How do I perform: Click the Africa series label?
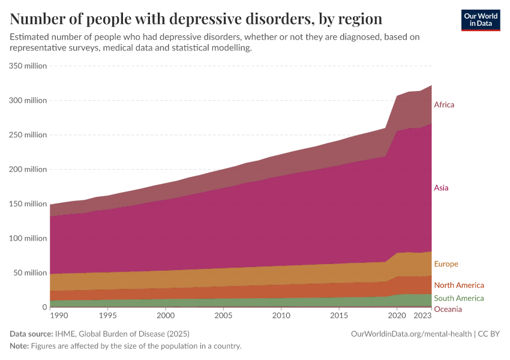tap(444, 105)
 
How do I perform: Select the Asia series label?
tap(441, 188)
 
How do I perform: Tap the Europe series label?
tap(446, 264)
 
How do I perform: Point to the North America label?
tap(458, 285)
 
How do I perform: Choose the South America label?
tap(458, 298)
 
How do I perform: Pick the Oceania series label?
tap(448, 309)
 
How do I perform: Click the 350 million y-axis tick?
tap(28, 66)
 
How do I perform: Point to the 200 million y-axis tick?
tap(28, 169)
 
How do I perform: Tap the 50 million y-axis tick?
tap(31, 273)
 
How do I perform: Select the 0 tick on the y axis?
tap(44, 307)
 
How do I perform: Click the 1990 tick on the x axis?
tap(58, 316)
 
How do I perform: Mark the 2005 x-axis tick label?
tap(223, 316)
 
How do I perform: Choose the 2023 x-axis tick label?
tap(423, 316)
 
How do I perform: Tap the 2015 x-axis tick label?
tap(339, 316)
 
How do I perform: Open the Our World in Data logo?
tap(481, 20)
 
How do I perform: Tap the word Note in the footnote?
tap(19, 346)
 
